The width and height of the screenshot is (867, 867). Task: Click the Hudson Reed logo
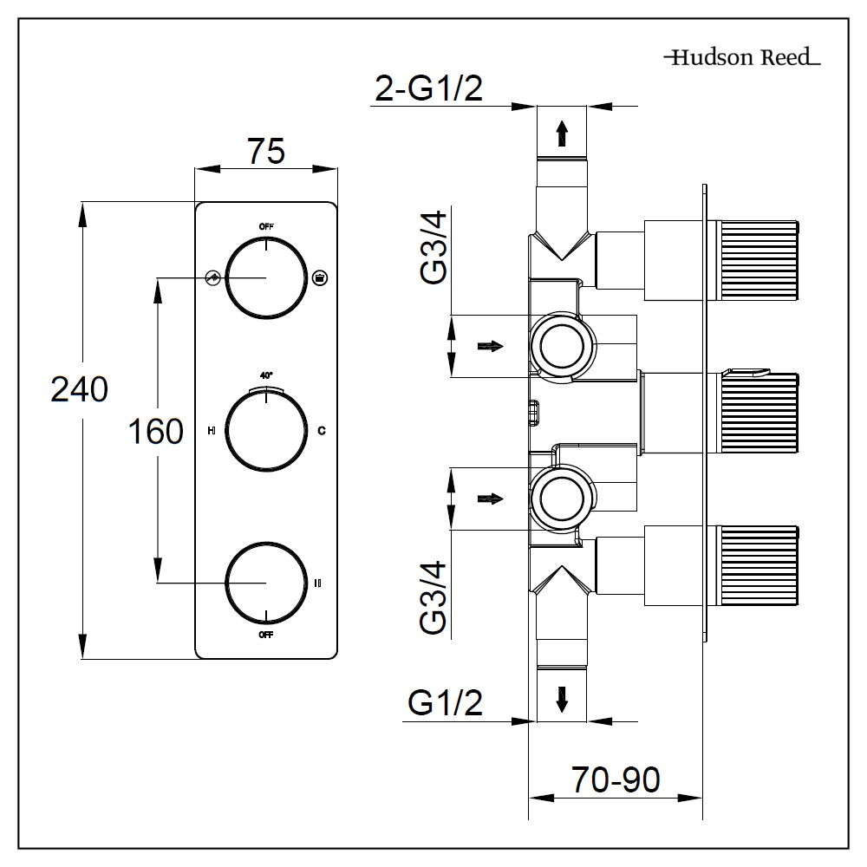[741, 59]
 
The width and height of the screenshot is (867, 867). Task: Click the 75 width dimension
[266, 151]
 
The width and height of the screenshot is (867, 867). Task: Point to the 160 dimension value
[156, 430]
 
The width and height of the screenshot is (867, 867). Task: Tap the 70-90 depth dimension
[616, 779]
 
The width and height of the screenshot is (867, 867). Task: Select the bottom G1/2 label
[445, 704]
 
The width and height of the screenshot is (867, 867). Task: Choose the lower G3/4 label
[433, 599]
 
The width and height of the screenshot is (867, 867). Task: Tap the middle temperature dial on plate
[266, 430]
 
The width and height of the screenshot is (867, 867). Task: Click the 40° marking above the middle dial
[266, 375]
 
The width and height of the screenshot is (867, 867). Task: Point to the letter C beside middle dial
[321, 430]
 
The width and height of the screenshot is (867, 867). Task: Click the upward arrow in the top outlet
[562, 133]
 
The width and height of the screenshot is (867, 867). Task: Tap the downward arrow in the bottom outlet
[562, 698]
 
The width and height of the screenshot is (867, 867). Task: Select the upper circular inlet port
[562, 345]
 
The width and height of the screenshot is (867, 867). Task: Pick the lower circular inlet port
[562, 499]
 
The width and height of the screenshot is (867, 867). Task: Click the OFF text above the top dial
[266, 226]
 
